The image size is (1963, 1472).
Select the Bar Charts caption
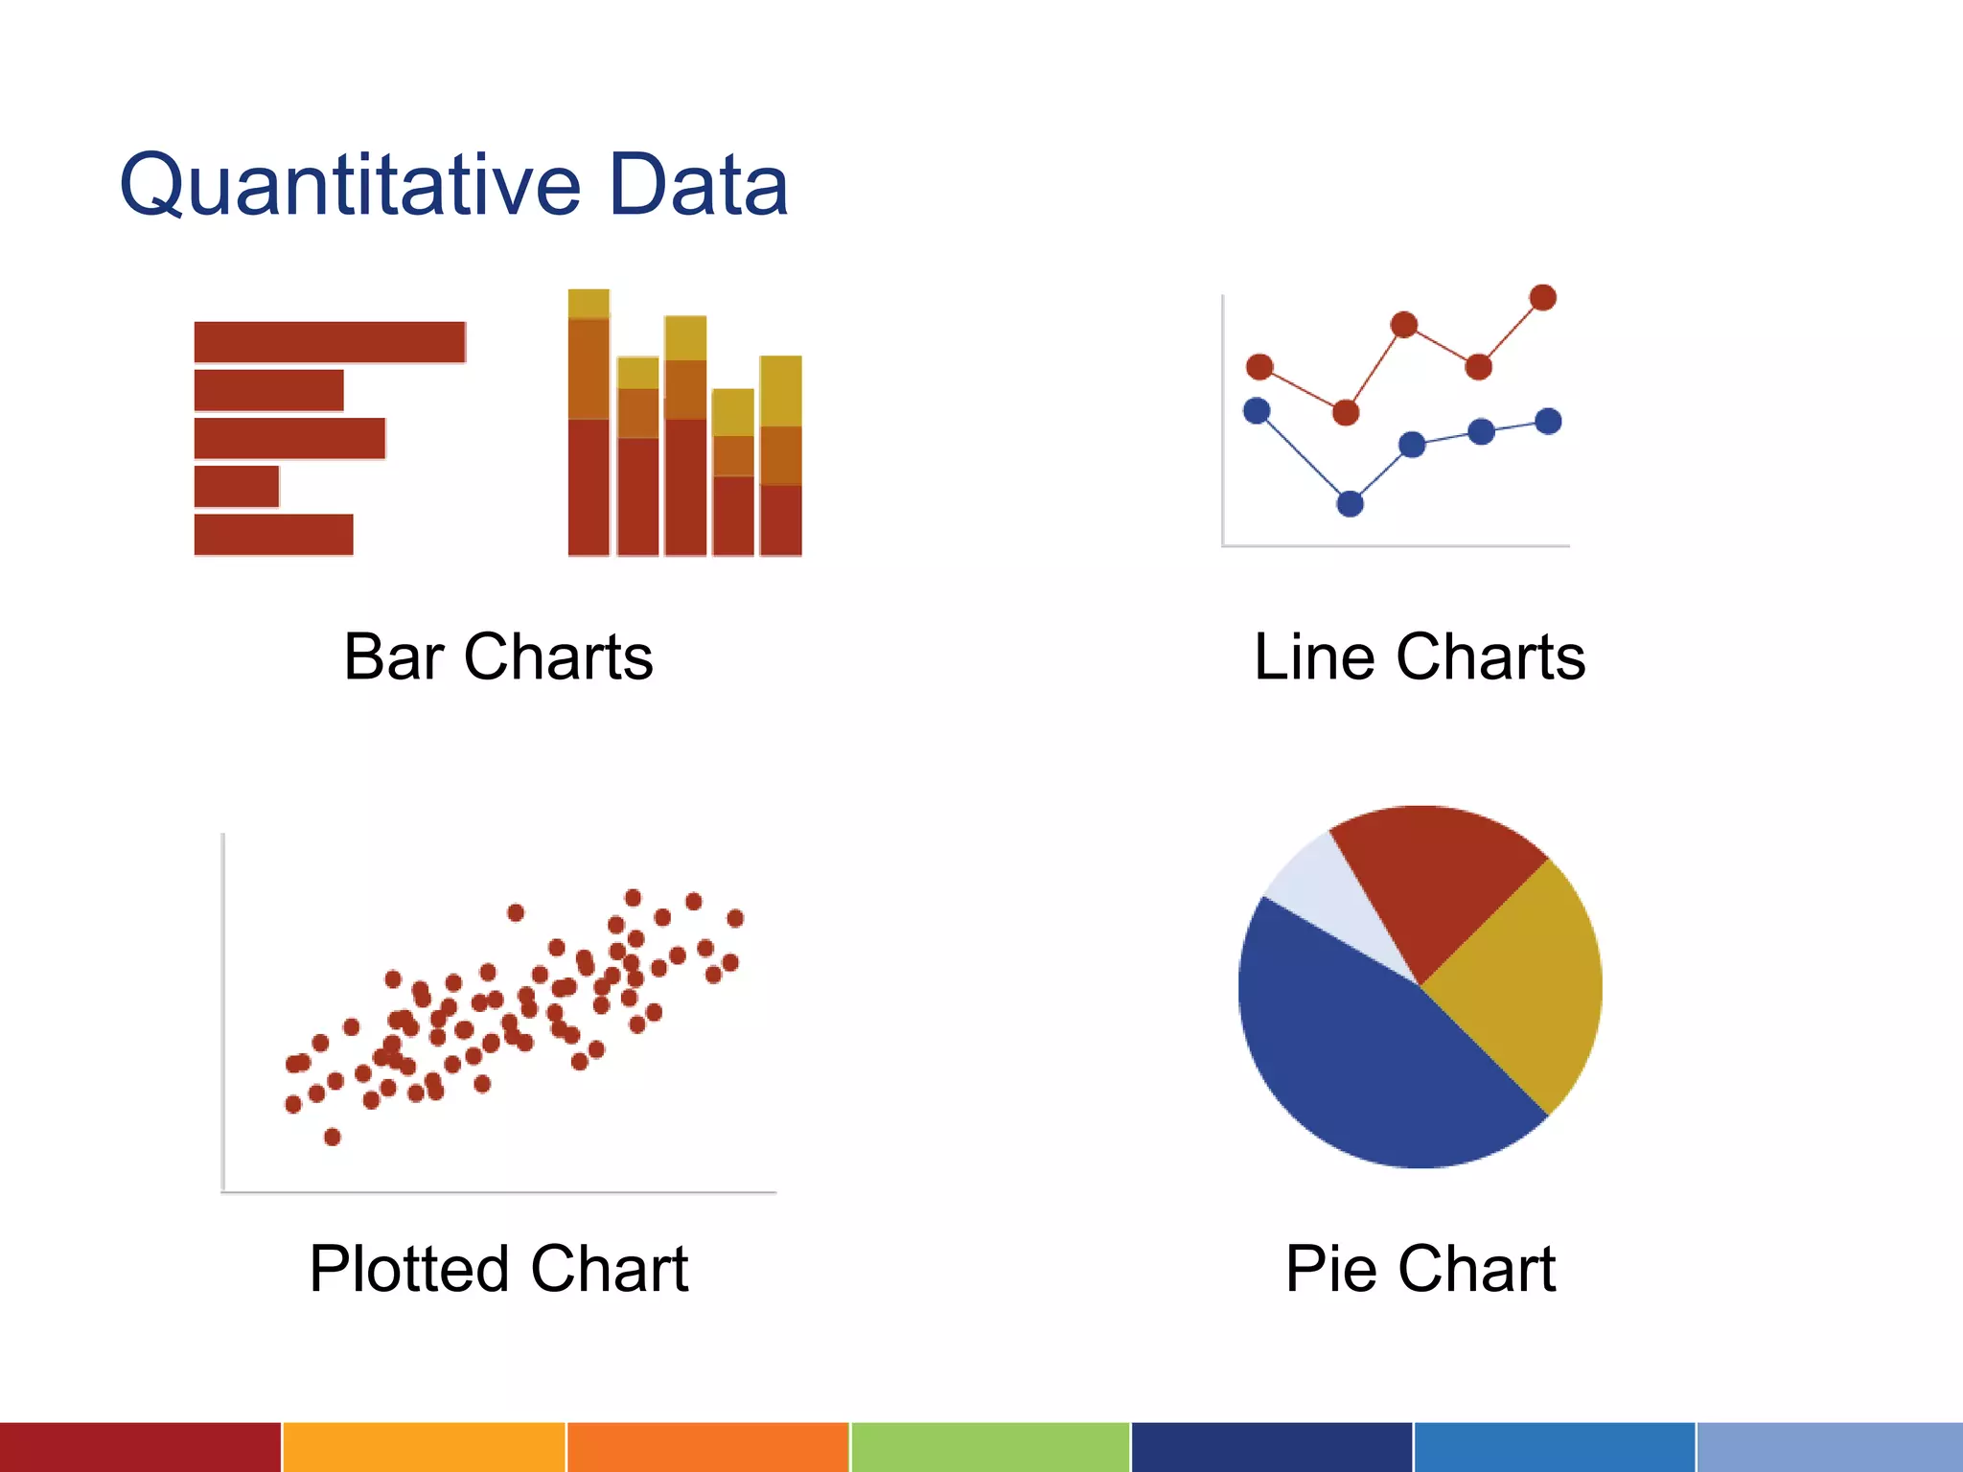(498, 657)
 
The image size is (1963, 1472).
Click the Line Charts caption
(1420, 657)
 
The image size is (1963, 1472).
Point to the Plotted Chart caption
(498, 1269)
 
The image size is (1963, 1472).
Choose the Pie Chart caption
(1420, 1269)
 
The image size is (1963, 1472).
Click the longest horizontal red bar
(330, 342)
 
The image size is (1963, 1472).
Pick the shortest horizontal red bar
(237, 486)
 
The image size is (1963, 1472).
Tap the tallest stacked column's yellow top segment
(589, 303)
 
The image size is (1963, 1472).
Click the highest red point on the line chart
(1543, 297)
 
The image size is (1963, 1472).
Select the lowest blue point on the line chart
(1350, 503)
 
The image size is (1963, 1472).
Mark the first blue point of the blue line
(1257, 411)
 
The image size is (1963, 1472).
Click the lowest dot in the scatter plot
(333, 1137)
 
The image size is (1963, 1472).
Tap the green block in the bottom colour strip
(990, 1447)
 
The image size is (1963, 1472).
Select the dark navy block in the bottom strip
(1272, 1447)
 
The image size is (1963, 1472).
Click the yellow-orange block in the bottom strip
(424, 1447)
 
